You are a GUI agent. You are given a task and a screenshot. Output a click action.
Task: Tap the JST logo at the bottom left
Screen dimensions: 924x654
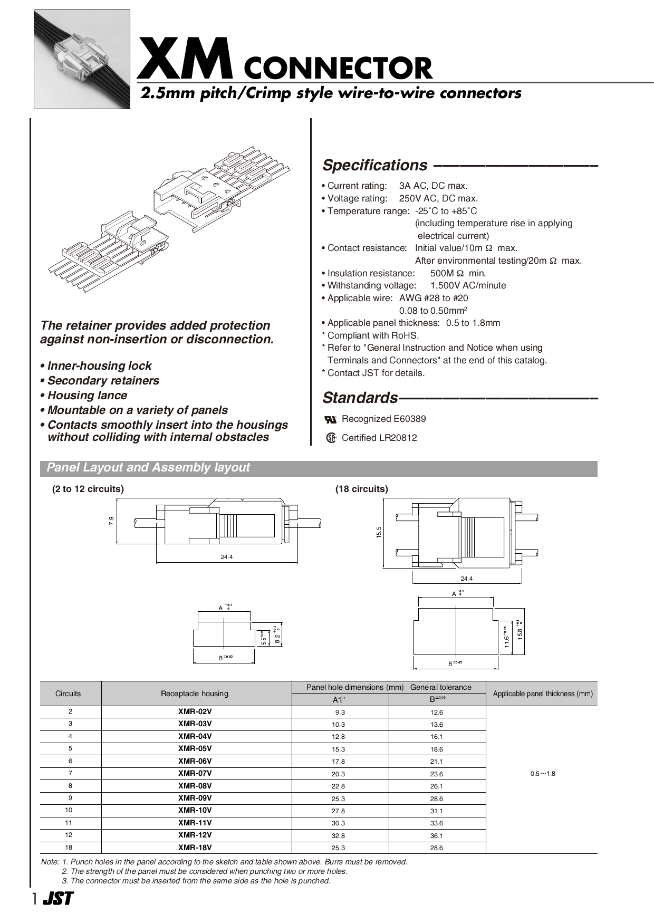tap(58, 899)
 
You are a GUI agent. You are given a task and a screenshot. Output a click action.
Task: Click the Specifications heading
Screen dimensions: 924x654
tap(374, 165)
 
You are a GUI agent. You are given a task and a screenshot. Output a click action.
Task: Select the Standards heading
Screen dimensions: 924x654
tap(360, 397)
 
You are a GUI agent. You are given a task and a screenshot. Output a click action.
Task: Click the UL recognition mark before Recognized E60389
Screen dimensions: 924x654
tap(331, 420)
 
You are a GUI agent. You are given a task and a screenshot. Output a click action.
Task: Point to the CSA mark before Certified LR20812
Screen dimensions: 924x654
tap(331, 438)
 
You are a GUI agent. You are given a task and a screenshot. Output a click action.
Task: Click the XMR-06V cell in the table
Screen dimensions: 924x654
tap(195, 761)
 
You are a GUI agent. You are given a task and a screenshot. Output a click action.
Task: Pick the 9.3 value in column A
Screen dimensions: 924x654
tap(340, 712)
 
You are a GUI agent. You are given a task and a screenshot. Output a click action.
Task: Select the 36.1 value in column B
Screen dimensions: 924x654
tap(436, 835)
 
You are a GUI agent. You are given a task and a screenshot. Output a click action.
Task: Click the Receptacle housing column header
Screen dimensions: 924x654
tap(195, 694)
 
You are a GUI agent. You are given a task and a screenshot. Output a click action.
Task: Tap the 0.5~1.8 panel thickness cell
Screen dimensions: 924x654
tap(543, 774)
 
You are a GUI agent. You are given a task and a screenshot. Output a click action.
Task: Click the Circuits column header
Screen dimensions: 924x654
tap(68, 694)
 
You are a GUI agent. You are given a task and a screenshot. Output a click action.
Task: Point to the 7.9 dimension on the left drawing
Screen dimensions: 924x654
tap(111, 521)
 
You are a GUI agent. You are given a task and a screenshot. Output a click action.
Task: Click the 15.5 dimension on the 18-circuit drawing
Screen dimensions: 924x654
tap(379, 532)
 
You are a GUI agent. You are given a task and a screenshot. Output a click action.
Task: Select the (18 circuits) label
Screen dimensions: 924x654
tap(361, 489)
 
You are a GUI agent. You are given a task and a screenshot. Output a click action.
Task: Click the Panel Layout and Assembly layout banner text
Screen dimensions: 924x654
tap(148, 468)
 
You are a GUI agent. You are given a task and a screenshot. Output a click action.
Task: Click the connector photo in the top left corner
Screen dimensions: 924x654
tap(82, 59)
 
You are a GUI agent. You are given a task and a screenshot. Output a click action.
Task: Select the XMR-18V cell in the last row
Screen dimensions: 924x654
tap(195, 848)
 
